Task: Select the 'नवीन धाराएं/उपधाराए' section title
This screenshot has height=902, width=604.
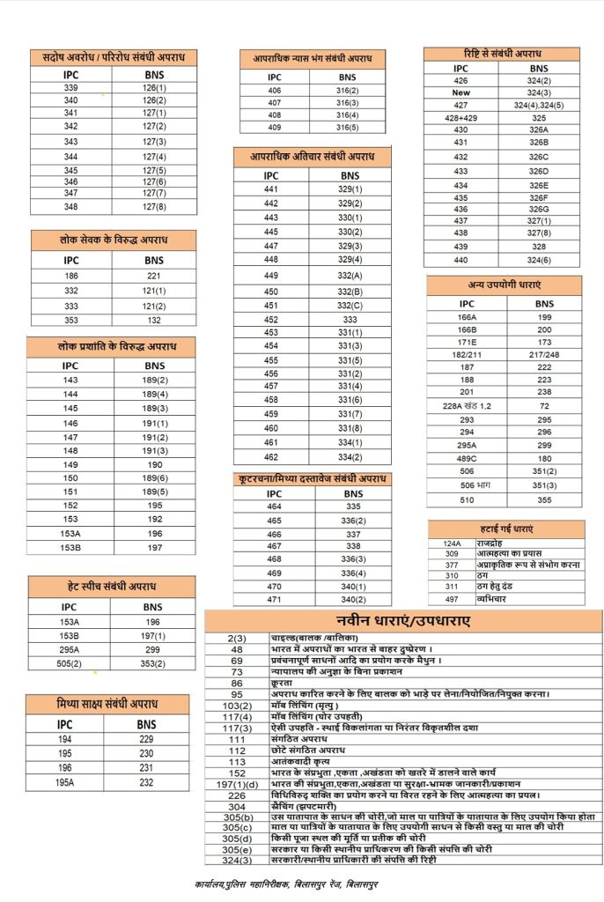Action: coord(403,620)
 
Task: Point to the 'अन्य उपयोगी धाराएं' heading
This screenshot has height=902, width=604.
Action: coord(505,285)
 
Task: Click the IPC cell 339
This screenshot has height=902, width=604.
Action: coord(71,88)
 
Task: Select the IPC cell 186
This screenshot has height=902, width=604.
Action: coord(71,275)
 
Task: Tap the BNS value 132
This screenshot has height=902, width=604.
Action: coord(154,321)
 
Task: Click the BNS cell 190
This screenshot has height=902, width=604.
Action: coord(154,464)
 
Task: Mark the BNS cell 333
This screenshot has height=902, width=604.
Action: coord(350,320)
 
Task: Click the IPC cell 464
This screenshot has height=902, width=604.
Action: coord(273,507)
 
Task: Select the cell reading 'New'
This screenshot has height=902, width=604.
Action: coord(461,92)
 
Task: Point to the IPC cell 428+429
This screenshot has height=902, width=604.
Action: coord(461,117)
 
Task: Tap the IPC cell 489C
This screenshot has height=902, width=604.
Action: coord(467,458)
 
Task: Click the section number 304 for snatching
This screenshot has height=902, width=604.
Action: coord(236,806)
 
